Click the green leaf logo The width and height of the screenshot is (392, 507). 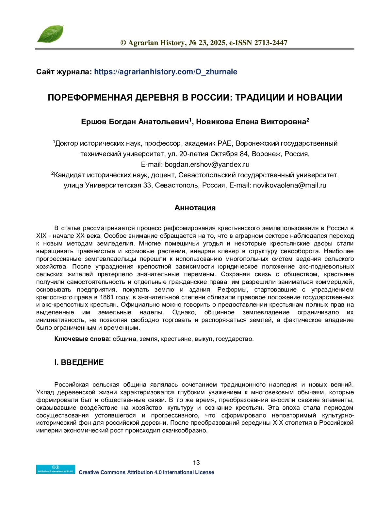(50, 34)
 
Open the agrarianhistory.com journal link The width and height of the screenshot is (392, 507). (166, 72)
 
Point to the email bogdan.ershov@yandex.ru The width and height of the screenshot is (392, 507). (207, 164)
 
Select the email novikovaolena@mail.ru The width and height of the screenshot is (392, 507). (289, 185)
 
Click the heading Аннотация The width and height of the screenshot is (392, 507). (195, 208)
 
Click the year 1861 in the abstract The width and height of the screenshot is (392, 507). (106, 297)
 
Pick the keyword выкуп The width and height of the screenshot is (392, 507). (203, 339)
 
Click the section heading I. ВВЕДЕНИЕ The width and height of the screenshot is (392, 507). (79, 362)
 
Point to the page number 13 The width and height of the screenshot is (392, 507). (196, 463)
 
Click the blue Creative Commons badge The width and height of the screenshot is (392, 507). (56, 469)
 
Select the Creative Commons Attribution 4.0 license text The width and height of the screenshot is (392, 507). (146, 472)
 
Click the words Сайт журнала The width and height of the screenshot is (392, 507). (64, 72)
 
